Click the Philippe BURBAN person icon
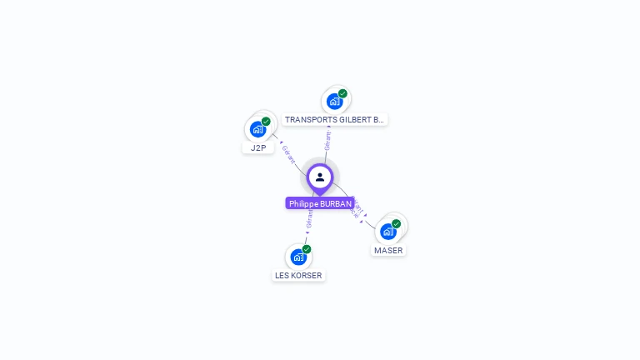point(320,177)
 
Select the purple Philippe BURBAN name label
point(320,203)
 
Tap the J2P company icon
point(258,130)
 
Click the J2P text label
point(258,147)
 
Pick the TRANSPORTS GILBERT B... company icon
point(335,102)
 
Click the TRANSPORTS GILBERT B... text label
point(334,119)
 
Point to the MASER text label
point(388,250)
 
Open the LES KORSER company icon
point(298,257)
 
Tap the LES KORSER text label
point(298,275)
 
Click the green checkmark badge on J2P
point(266,122)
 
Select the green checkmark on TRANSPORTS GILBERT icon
point(342,93)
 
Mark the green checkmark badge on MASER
point(396,223)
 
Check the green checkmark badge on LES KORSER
point(307,249)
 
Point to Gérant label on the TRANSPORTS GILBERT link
point(327,139)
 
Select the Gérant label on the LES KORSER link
point(309,219)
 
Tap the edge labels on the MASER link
point(356,207)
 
